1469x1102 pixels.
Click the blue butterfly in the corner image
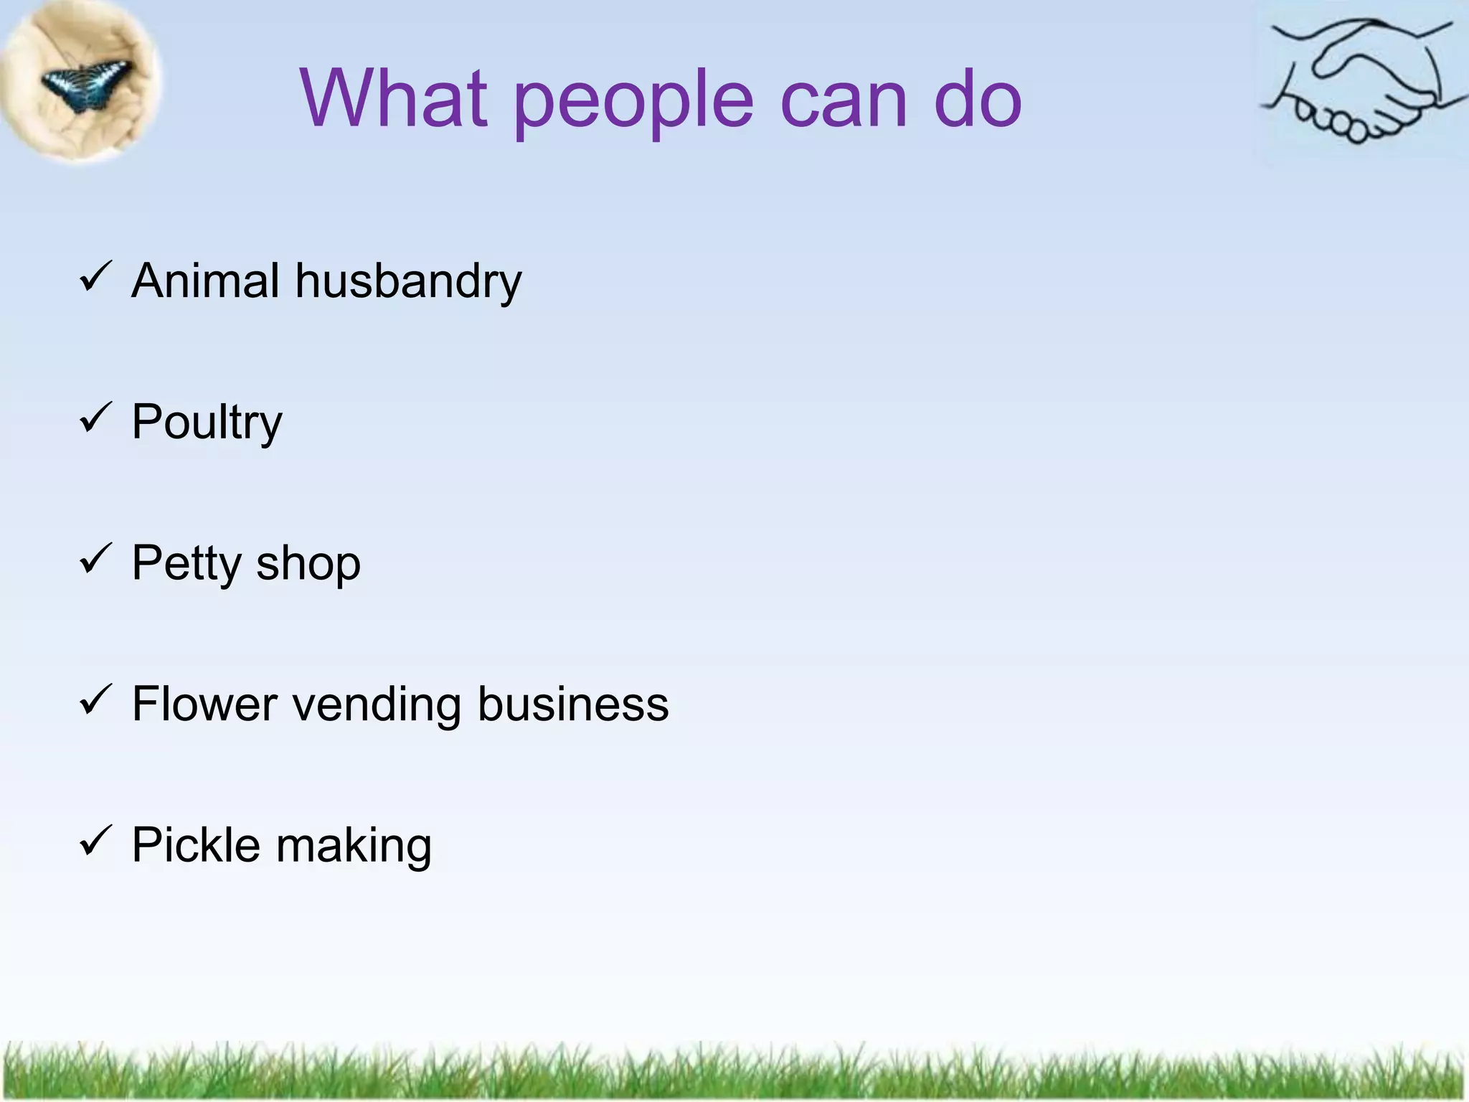click(86, 83)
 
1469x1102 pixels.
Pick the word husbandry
click(408, 282)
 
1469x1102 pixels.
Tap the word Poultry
click(207, 423)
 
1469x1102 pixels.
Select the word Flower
click(204, 704)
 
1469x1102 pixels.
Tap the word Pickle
click(196, 844)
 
